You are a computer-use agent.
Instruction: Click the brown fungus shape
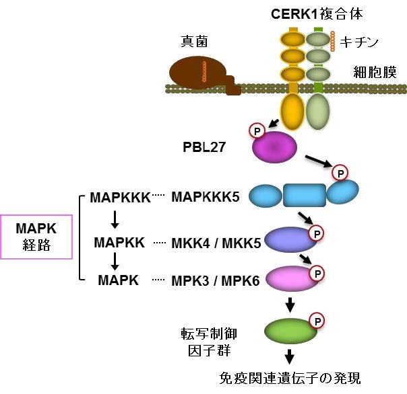[x=195, y=75]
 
